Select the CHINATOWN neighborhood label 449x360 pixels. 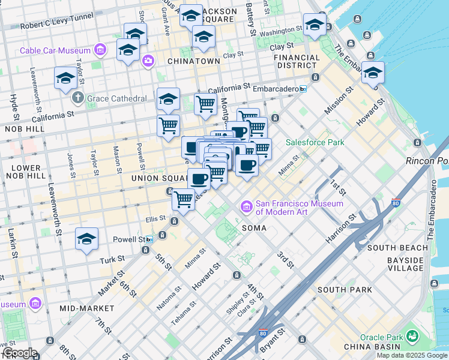(x=194, y=61)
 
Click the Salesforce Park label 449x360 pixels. (x=315, y=142)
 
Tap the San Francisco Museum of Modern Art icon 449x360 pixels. (x=246, y=207)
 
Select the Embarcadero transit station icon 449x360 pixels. (x=303, y=89)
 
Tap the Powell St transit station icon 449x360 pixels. (x=149, y=239)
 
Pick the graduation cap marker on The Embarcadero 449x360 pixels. (x=373, y=73)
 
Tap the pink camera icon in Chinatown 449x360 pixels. (x=147, y=61)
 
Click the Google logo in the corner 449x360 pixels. (x=19, y=353)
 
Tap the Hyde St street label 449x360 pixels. (x=13, y=106)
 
